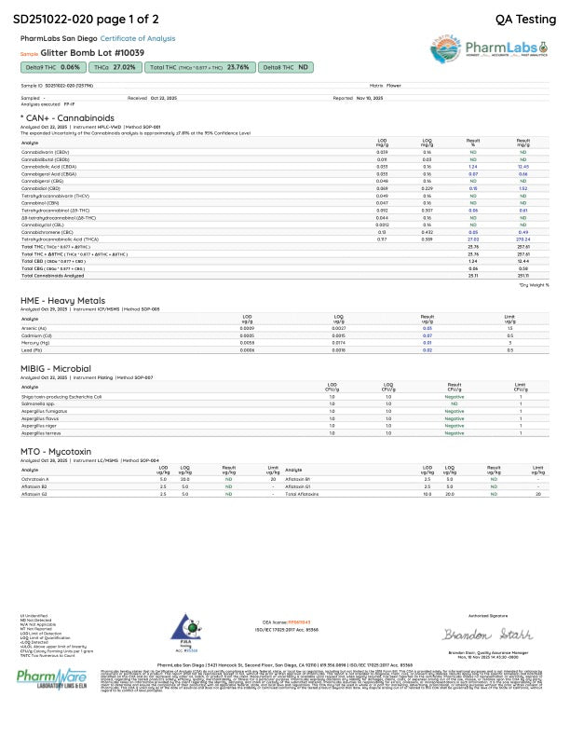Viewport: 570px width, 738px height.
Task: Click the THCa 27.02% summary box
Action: tap(116, 68)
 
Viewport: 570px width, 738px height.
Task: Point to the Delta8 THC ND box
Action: tap(286, 68)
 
